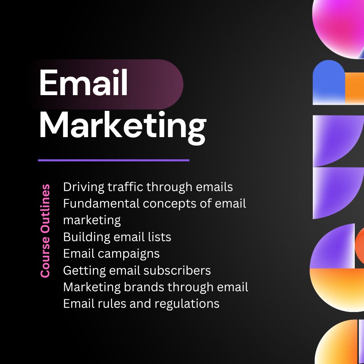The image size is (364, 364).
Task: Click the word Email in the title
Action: (x=84, y=82)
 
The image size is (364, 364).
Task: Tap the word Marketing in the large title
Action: (x=123, y=127)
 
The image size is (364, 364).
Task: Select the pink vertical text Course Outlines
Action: (x=45, y=231)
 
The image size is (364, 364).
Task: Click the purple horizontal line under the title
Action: (x=114, y=160)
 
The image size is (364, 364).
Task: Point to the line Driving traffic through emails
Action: (x=148, y=187)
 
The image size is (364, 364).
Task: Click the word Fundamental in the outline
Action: (x=101, y=204)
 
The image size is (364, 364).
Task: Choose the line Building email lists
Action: (x=117, y=237)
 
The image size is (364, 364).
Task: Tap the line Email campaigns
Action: (x=111, y=254)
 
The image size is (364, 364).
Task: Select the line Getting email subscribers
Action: (x=137, y=271)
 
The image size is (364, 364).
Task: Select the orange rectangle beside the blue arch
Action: (x=354, y=88)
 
